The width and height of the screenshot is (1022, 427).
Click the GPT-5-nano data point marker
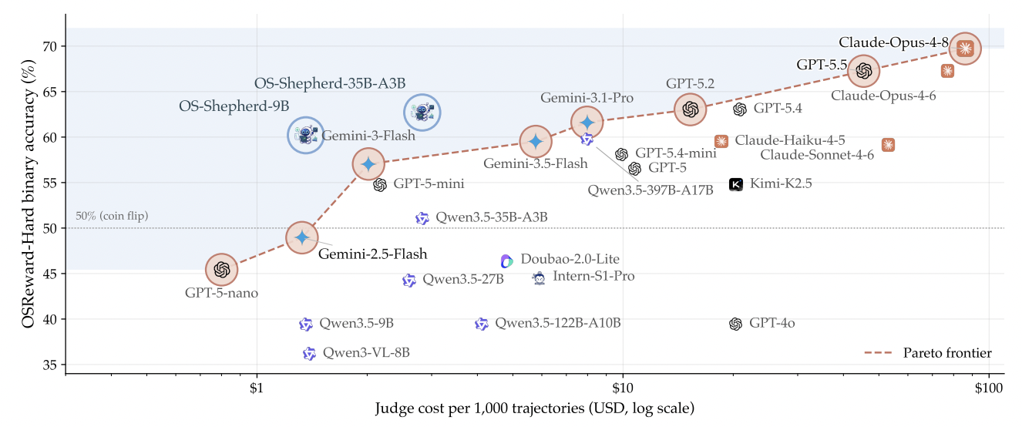pyautogui.click(x=222, y=270)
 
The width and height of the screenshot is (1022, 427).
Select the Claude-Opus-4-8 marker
pyautogui.click(x=965, y=49)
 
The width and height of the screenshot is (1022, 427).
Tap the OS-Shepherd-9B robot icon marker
pyautogui.click(x=306, y=135)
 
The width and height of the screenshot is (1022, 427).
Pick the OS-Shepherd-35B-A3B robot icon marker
pyautogui.click(x=422, y=113)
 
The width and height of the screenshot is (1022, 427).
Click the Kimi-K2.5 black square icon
pyautogui.click(x=735, y=184)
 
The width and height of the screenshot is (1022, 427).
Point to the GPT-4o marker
pyautogui.click(x=735, y=324)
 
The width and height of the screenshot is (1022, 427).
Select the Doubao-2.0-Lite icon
pyautogui.click(x=506, y=261)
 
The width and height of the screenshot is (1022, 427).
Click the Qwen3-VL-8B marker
pyautogui.click(x=309, y=354)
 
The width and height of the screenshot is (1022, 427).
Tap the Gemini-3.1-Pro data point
pyautogui.click(x=587, y=123)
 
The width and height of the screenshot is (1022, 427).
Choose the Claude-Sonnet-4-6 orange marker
pyautogui.click(x=888, y=145)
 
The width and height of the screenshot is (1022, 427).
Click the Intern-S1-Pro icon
pyautogui.click(x=539, y=278)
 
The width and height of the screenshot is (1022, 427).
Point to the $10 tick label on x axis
pyautogui.click(x=622, y=388)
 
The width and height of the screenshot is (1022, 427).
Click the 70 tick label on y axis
pyautogui.click(x=51, y=46)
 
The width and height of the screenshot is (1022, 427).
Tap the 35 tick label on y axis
pyautogui.click(x=51, y=365)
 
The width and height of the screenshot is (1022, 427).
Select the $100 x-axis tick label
pyautogui.click(x=989, y=388)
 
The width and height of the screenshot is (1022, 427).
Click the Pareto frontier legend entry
pyautogui.click(x=928, y=353)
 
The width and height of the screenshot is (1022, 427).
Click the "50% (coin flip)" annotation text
pyautogui.click(x=112, y=216)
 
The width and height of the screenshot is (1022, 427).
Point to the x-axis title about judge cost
pyautogui.click(x=534, y=408)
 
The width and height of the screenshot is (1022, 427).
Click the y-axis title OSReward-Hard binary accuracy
pyautogui.click(x=29, y=194)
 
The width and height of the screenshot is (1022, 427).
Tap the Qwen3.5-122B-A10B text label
pyautogui.click(x=557, y=323)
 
